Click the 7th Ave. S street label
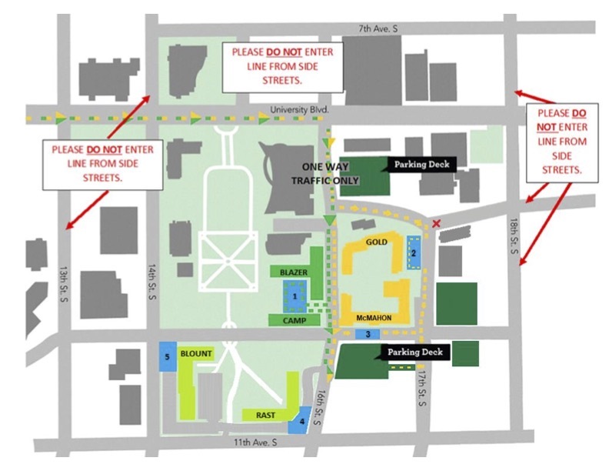coord(378,28)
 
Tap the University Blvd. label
coord(299,109)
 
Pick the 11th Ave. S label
coord(255,443)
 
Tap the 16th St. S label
coord(321,408)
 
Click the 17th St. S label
coord(422,387)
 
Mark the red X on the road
coord(437,223)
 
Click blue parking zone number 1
coord(295,296)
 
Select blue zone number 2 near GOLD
coord(414,253)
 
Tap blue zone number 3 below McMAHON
coord(368,334)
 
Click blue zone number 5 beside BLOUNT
coord(168,357)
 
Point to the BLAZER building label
coord(293,272)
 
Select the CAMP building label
coord(294,321)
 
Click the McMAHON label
coord(374,318)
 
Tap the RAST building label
coord(265,415)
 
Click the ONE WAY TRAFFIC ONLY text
coord(325,174)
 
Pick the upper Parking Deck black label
coord(422,165)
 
